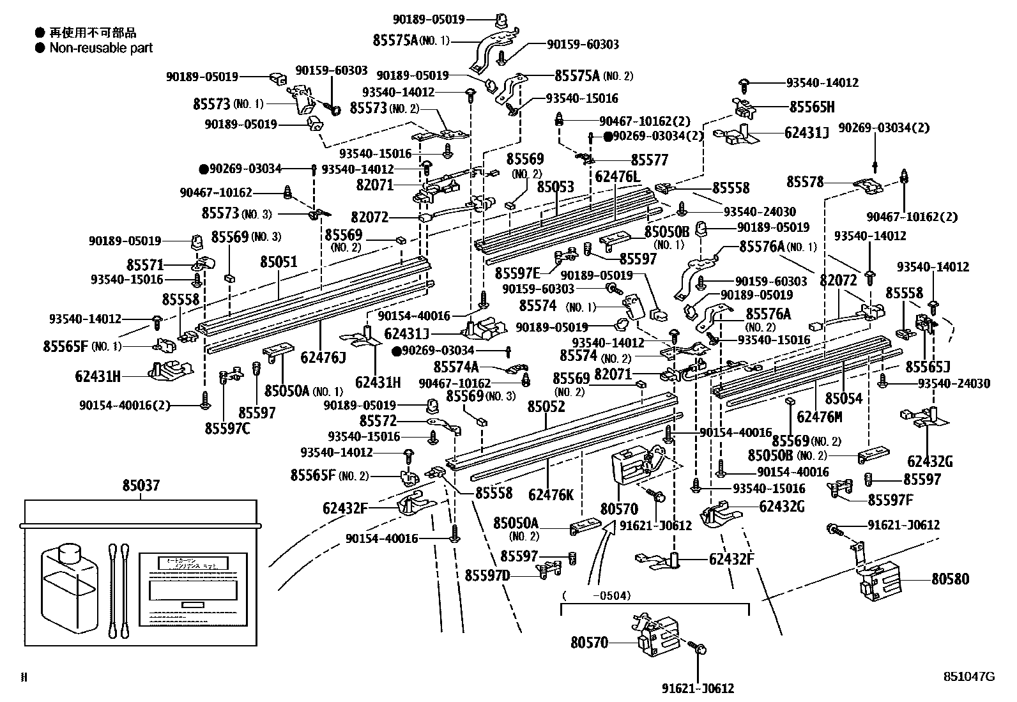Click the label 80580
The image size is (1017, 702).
click(x=950, y=579)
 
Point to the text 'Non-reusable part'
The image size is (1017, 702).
click(x=101, y=48)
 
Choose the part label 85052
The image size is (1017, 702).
click(x=546, y=406)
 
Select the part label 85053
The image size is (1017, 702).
click(x=555, y=187)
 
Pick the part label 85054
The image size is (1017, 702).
click(x=843, y=399)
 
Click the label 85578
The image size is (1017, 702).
click(x=805, y=182)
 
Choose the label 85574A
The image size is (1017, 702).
click(x=456, y=367)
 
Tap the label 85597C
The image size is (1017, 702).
click(x=227, y=428)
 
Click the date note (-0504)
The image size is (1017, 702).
click(x=596, y=595)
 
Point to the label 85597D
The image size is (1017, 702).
click(x=487, y=576)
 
